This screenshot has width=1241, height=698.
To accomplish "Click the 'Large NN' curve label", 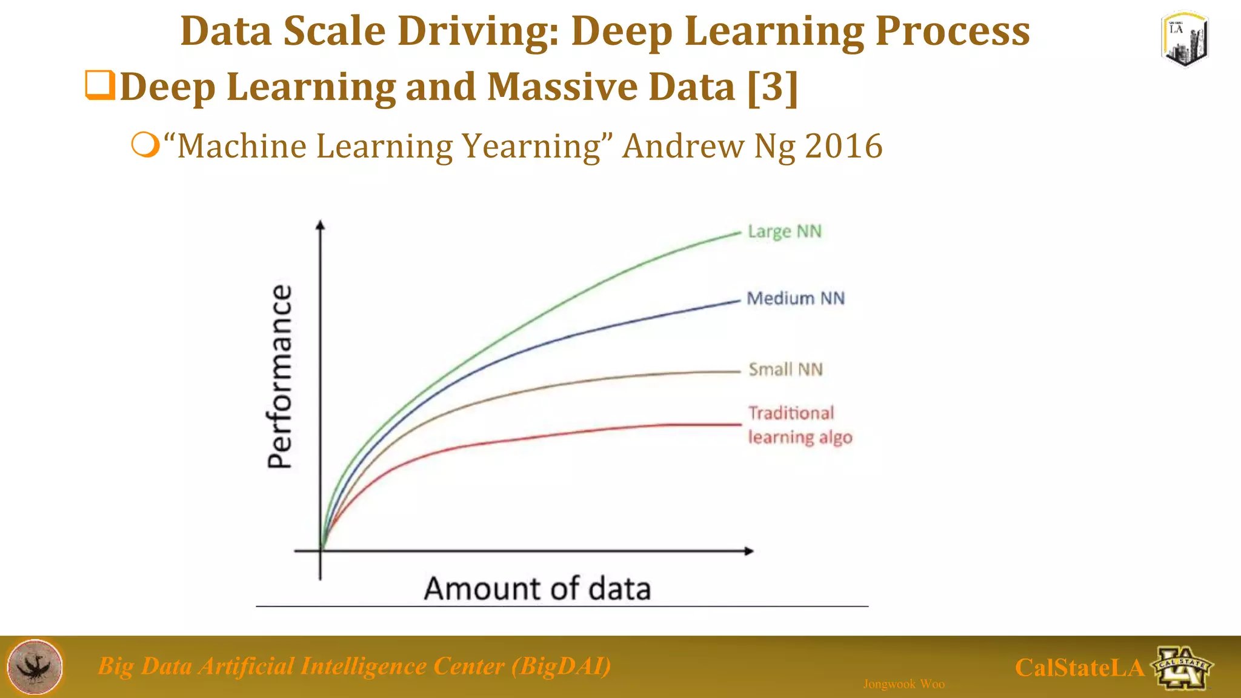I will click(x=784, y=231).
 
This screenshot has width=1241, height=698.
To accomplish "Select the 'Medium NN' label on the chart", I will click(x=795, y=298).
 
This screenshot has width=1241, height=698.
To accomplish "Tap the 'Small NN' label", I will click(x=785, y=369).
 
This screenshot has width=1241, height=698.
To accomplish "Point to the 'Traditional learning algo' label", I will click(x=799, y=425).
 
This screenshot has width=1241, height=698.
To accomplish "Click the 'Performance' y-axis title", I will click(x=280, y=376).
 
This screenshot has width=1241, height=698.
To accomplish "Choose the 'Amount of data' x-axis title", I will click(x=537, y=588).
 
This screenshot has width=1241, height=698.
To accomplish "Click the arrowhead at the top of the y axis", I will click(x=321, y=225).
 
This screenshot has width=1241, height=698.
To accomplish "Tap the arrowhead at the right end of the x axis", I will click(x=749, y=551).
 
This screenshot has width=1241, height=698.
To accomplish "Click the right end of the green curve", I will click(x=739, y=232).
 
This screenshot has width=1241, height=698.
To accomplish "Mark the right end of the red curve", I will click(x=740, y=424).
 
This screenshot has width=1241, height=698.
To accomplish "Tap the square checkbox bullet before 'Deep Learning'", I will click(x=99, y=85).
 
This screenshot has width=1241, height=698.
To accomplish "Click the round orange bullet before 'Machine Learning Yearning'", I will click(x=145, y=145).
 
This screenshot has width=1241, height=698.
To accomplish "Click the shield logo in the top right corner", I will click(x=1185, y=39).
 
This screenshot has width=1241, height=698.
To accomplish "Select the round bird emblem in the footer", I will click(x=35, y=666).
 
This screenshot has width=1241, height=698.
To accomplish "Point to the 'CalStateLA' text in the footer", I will click(x=1079, y=668).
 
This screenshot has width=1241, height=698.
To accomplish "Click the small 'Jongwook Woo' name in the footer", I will click(x=903, y=684).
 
